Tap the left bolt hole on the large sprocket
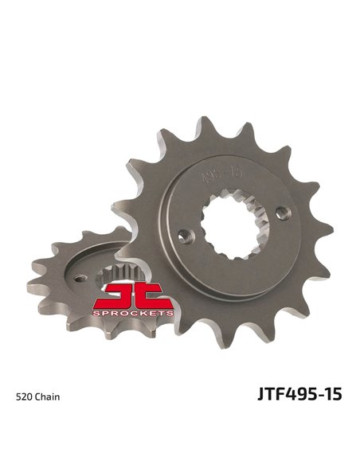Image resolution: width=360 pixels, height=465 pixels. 186,236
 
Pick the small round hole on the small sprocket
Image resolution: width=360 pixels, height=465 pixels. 77,278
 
